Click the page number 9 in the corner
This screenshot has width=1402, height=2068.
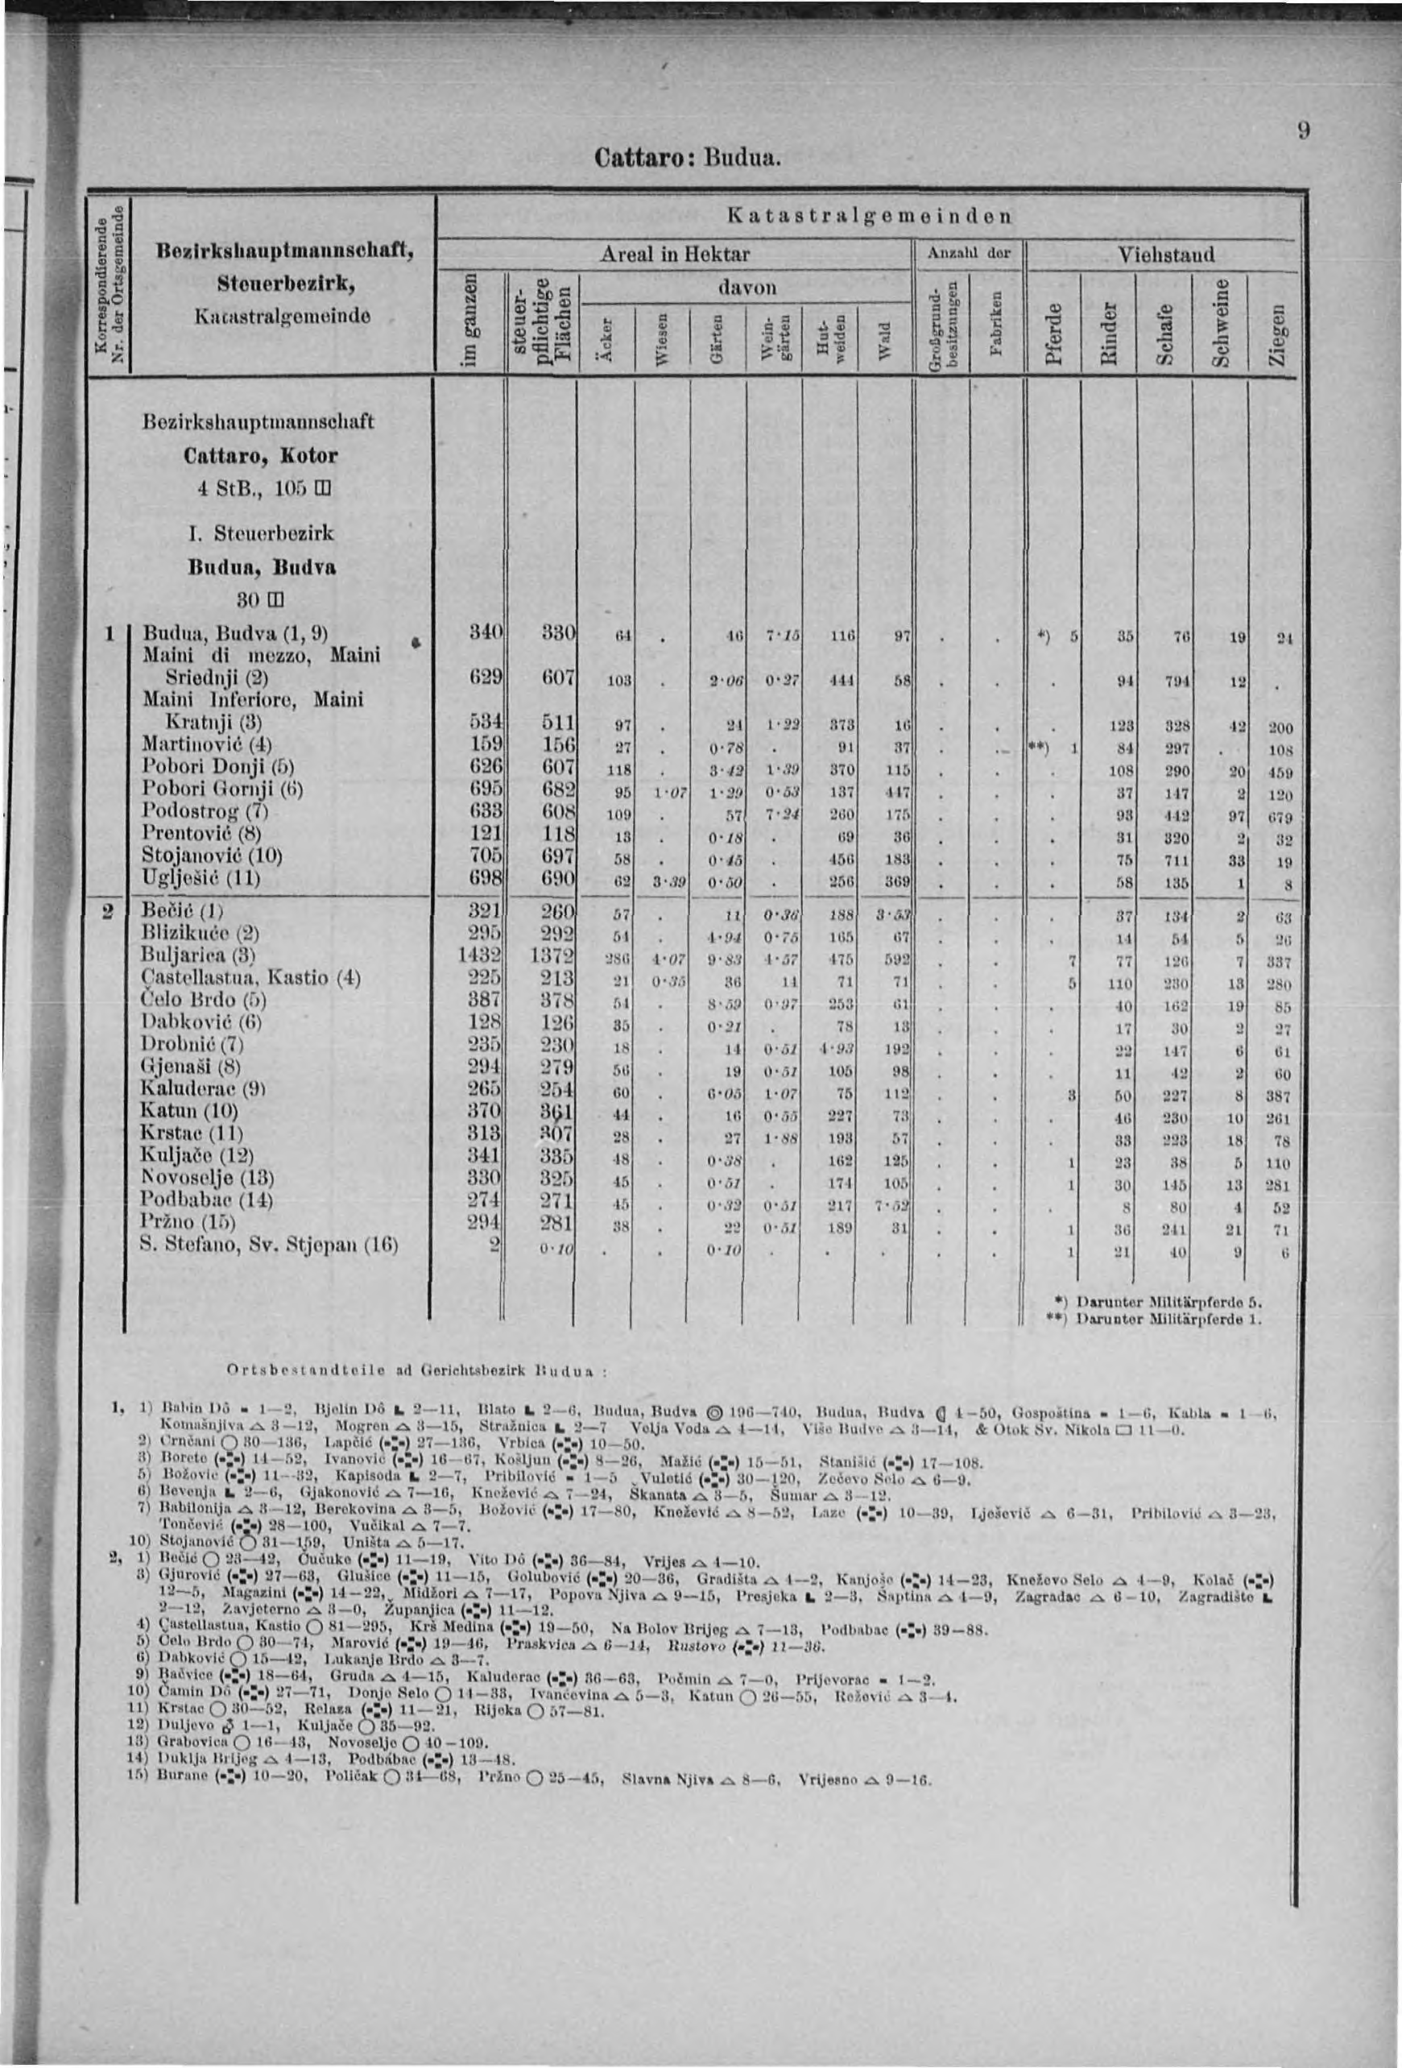coord(1302,131)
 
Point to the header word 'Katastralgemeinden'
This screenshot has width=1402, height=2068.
coord(869,215)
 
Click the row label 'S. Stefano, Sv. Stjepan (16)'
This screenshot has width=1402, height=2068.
coord(269,1244)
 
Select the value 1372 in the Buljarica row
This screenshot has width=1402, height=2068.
coord(552,955)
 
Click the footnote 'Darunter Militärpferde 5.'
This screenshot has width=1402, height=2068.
coord(1172,1302)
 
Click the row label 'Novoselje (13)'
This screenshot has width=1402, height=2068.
coord(205,1177)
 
